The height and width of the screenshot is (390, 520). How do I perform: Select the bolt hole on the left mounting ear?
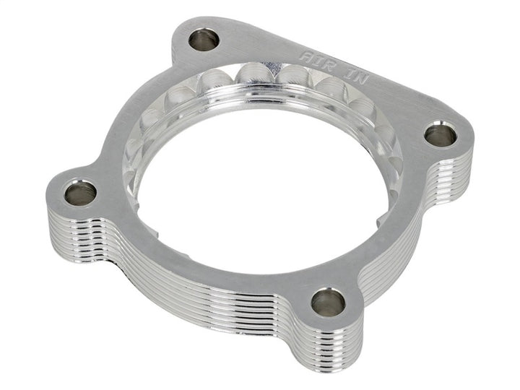click(x=79, y=192)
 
